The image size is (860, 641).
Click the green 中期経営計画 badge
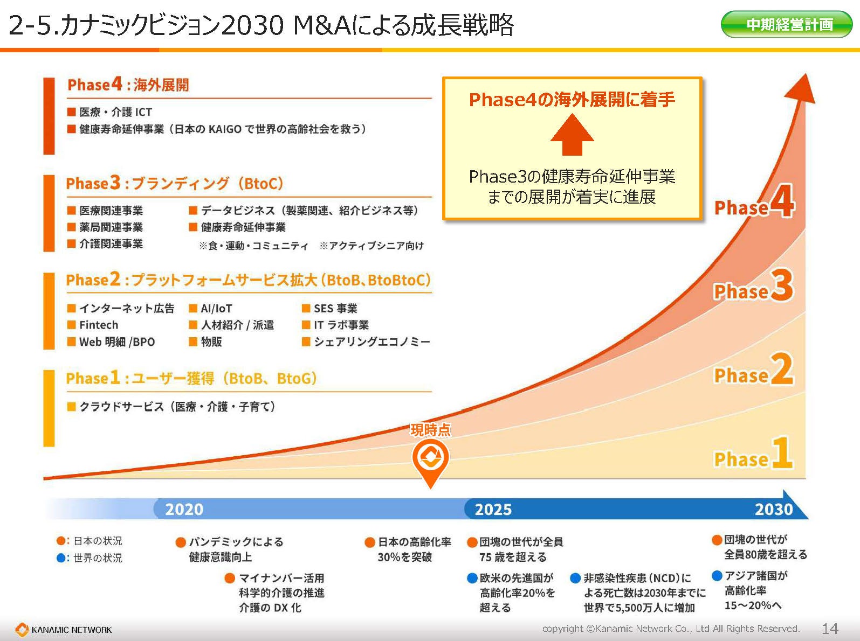[786, 24]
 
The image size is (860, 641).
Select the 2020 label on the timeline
[184, 509]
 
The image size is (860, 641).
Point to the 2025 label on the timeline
[493, 509]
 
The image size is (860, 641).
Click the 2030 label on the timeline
[774, 509]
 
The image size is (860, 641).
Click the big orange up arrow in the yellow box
[572, 135]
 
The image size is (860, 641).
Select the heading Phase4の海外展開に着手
[572, 100]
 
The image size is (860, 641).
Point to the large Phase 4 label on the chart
[754, 201]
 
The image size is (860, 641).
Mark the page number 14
[830, 629]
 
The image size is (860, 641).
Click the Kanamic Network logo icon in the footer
[22, 629]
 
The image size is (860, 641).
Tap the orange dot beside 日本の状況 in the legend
[61, 541]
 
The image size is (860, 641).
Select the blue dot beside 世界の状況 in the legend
[61, 558]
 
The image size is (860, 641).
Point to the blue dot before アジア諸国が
[717, 576]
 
